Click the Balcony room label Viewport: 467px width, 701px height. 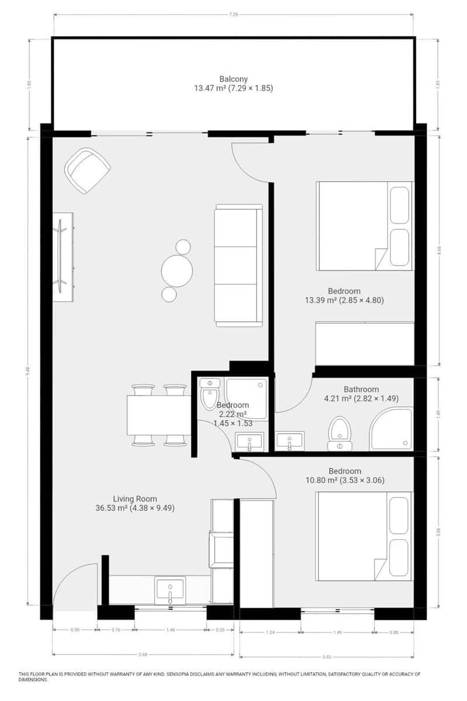[234, 79]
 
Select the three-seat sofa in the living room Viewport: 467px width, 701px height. [238, 265]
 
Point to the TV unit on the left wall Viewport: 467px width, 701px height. [63, 256]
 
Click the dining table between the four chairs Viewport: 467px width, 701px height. [159, 415]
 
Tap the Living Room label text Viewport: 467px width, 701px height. [135, 499]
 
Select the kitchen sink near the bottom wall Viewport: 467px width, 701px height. [169, 589]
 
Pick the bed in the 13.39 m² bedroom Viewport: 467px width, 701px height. [364, 225]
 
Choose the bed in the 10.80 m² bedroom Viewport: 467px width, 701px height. [364, 536]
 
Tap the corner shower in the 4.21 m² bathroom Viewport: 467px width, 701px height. [391, 429]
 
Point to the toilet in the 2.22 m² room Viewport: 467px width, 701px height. [209, 395]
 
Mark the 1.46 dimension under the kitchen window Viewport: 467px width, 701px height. [171, 630]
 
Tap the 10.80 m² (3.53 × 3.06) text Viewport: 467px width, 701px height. [345, 481]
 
